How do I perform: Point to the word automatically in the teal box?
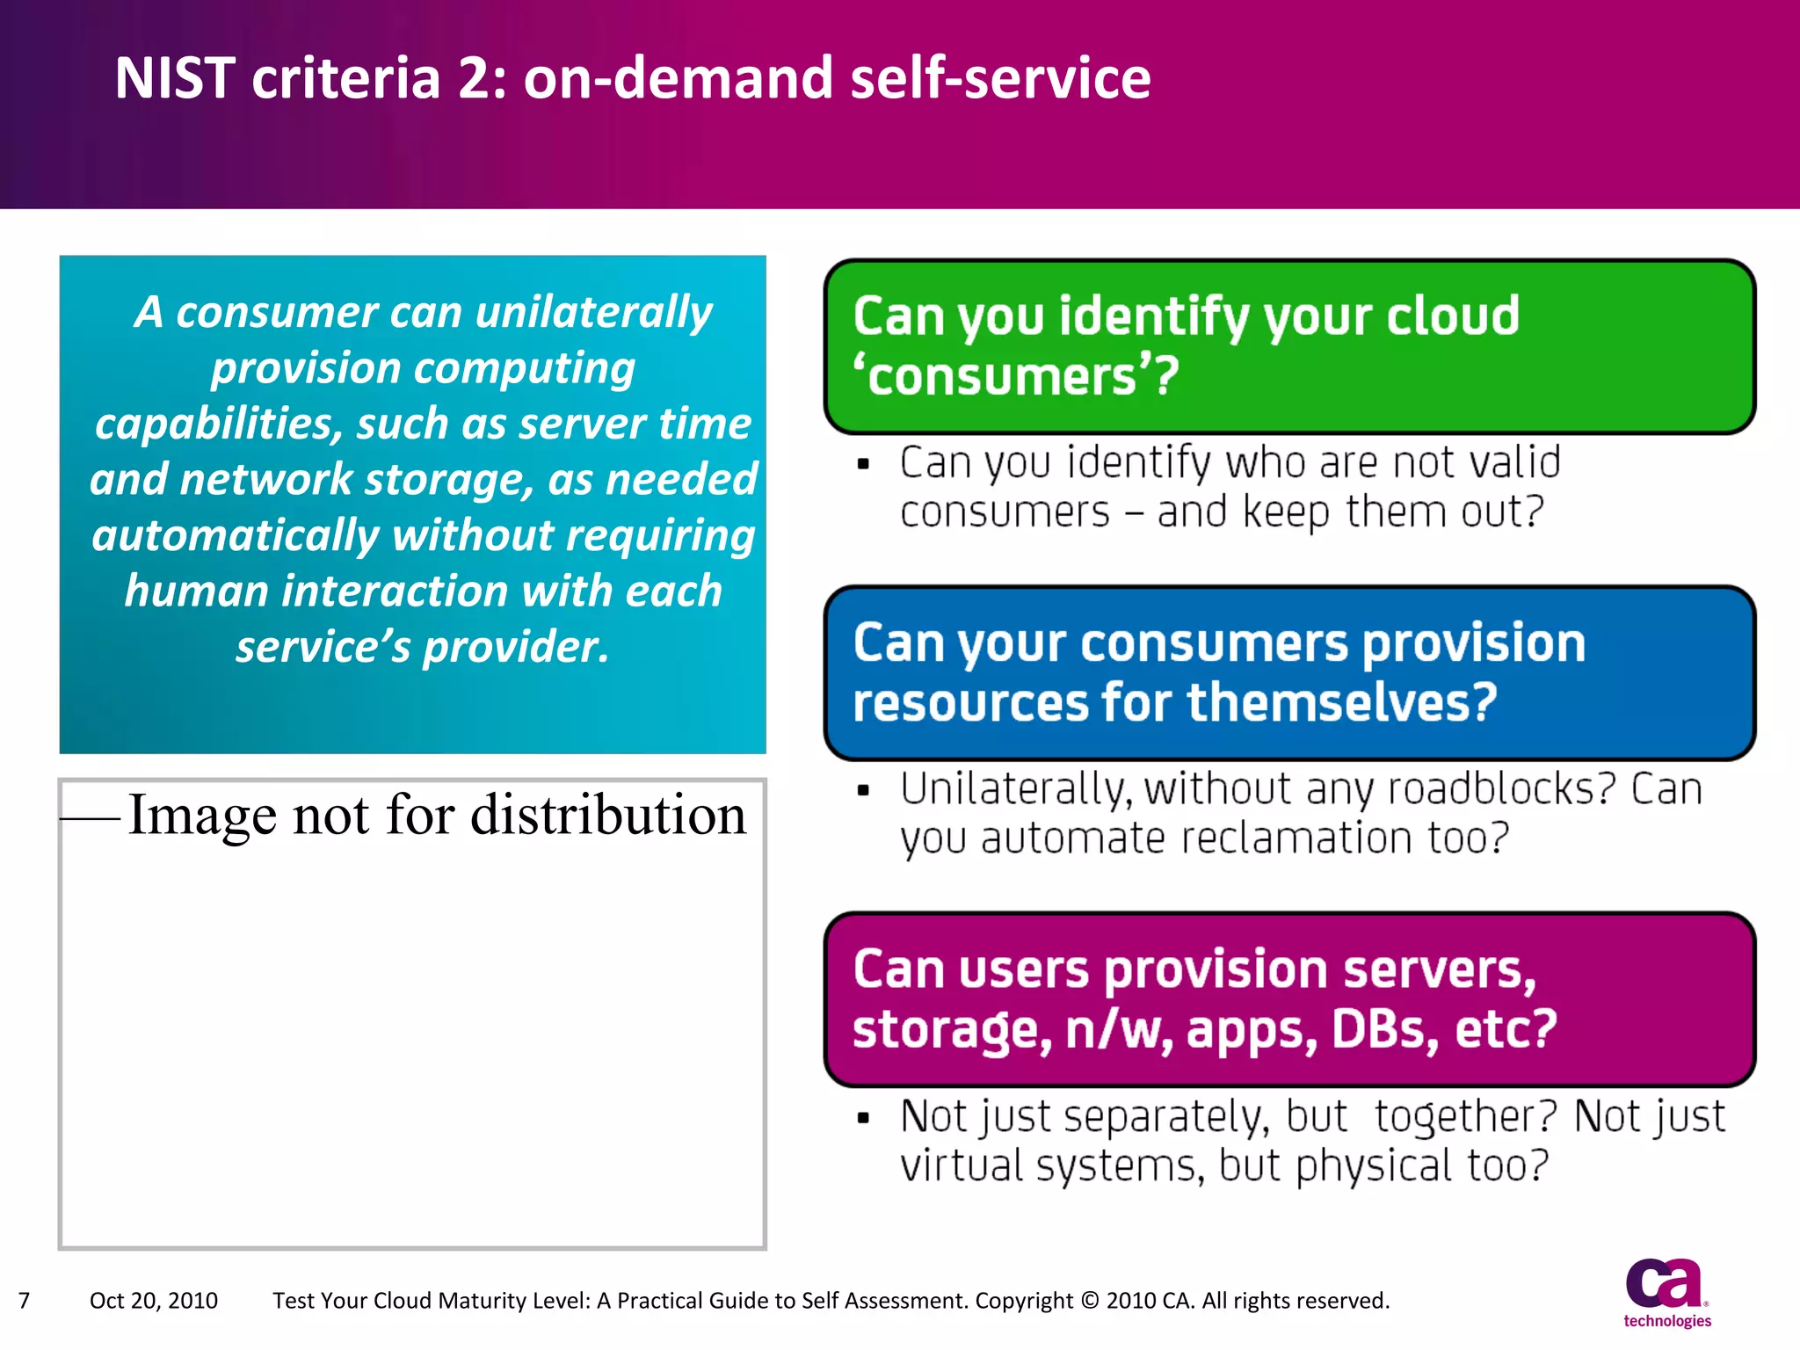click(x=236, y=536)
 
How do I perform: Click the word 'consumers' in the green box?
click(x=1015, y=377)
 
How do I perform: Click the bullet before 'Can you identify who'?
click(x=863, y=464)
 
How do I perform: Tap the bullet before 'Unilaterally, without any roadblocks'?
click(x=863, y=791)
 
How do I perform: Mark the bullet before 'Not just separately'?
click(x=863, y=1118)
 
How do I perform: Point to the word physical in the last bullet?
click(x=1373, y=1166)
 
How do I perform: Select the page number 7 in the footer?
click(x=25, y=1301)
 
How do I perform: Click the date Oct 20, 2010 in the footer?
click(x=154, y=1301)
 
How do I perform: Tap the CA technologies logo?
click(x=1666, y=1293)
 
